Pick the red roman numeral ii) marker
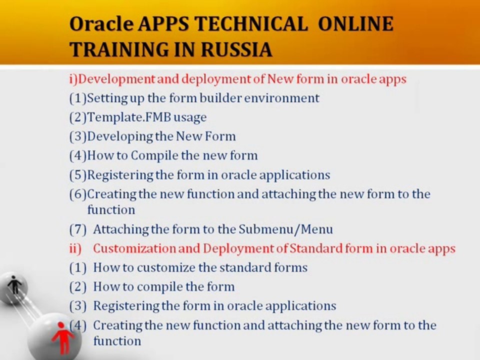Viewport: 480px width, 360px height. point(75,248)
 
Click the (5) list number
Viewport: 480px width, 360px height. point(78,175)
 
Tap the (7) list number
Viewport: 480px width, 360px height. point(78,229)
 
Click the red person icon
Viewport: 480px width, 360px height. point(62,337)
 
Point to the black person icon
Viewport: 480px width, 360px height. point(14,285)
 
